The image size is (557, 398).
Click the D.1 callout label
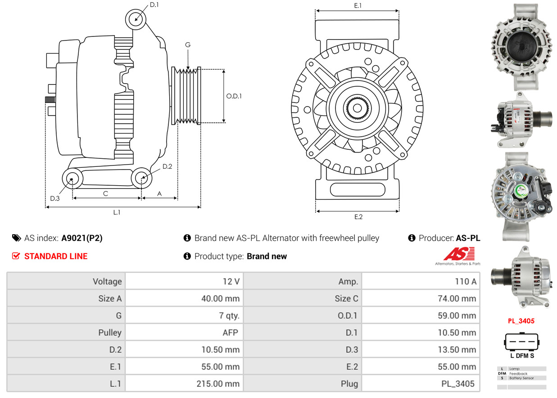pyautogui.click(x=154, y=5)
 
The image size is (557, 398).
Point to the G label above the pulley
pyautogui.click(x=188, y=45)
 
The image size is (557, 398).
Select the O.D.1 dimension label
pyautogui.click(x=234, y=96)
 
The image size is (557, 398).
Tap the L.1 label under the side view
pyautogui.click(x=117, y=212)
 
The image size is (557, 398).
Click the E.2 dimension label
pyautogui.click(x=358, y=217)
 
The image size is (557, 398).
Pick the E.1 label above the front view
pyautogui.click(x=358, y=5)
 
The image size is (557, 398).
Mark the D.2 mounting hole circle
pyautogui.click(x=141, y=178)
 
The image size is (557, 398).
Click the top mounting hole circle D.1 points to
pyautogui.click(x=136, y=19)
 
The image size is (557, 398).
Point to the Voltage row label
pyautogui.click(x=107, y=282)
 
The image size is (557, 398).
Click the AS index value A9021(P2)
pyautogui.click(x=82, y=238)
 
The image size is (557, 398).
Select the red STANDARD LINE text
pyautogui.click(x=55, y=256)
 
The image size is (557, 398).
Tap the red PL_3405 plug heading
pyautogui.click(x=521, y=321)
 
